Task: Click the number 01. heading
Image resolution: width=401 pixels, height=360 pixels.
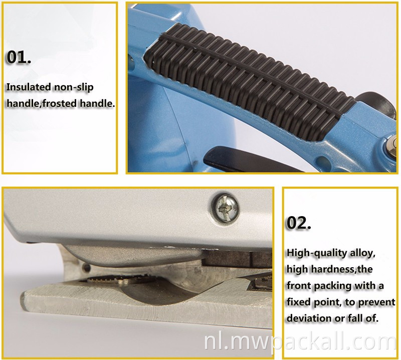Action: click(19, 57)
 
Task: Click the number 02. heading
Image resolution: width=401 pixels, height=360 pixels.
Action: click(299, 223)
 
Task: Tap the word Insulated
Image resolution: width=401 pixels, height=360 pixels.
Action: click(29, 87)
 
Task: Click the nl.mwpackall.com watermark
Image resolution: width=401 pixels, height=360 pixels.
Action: click(300, 342)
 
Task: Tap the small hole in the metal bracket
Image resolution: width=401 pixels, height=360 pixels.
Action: click(87, 268)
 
